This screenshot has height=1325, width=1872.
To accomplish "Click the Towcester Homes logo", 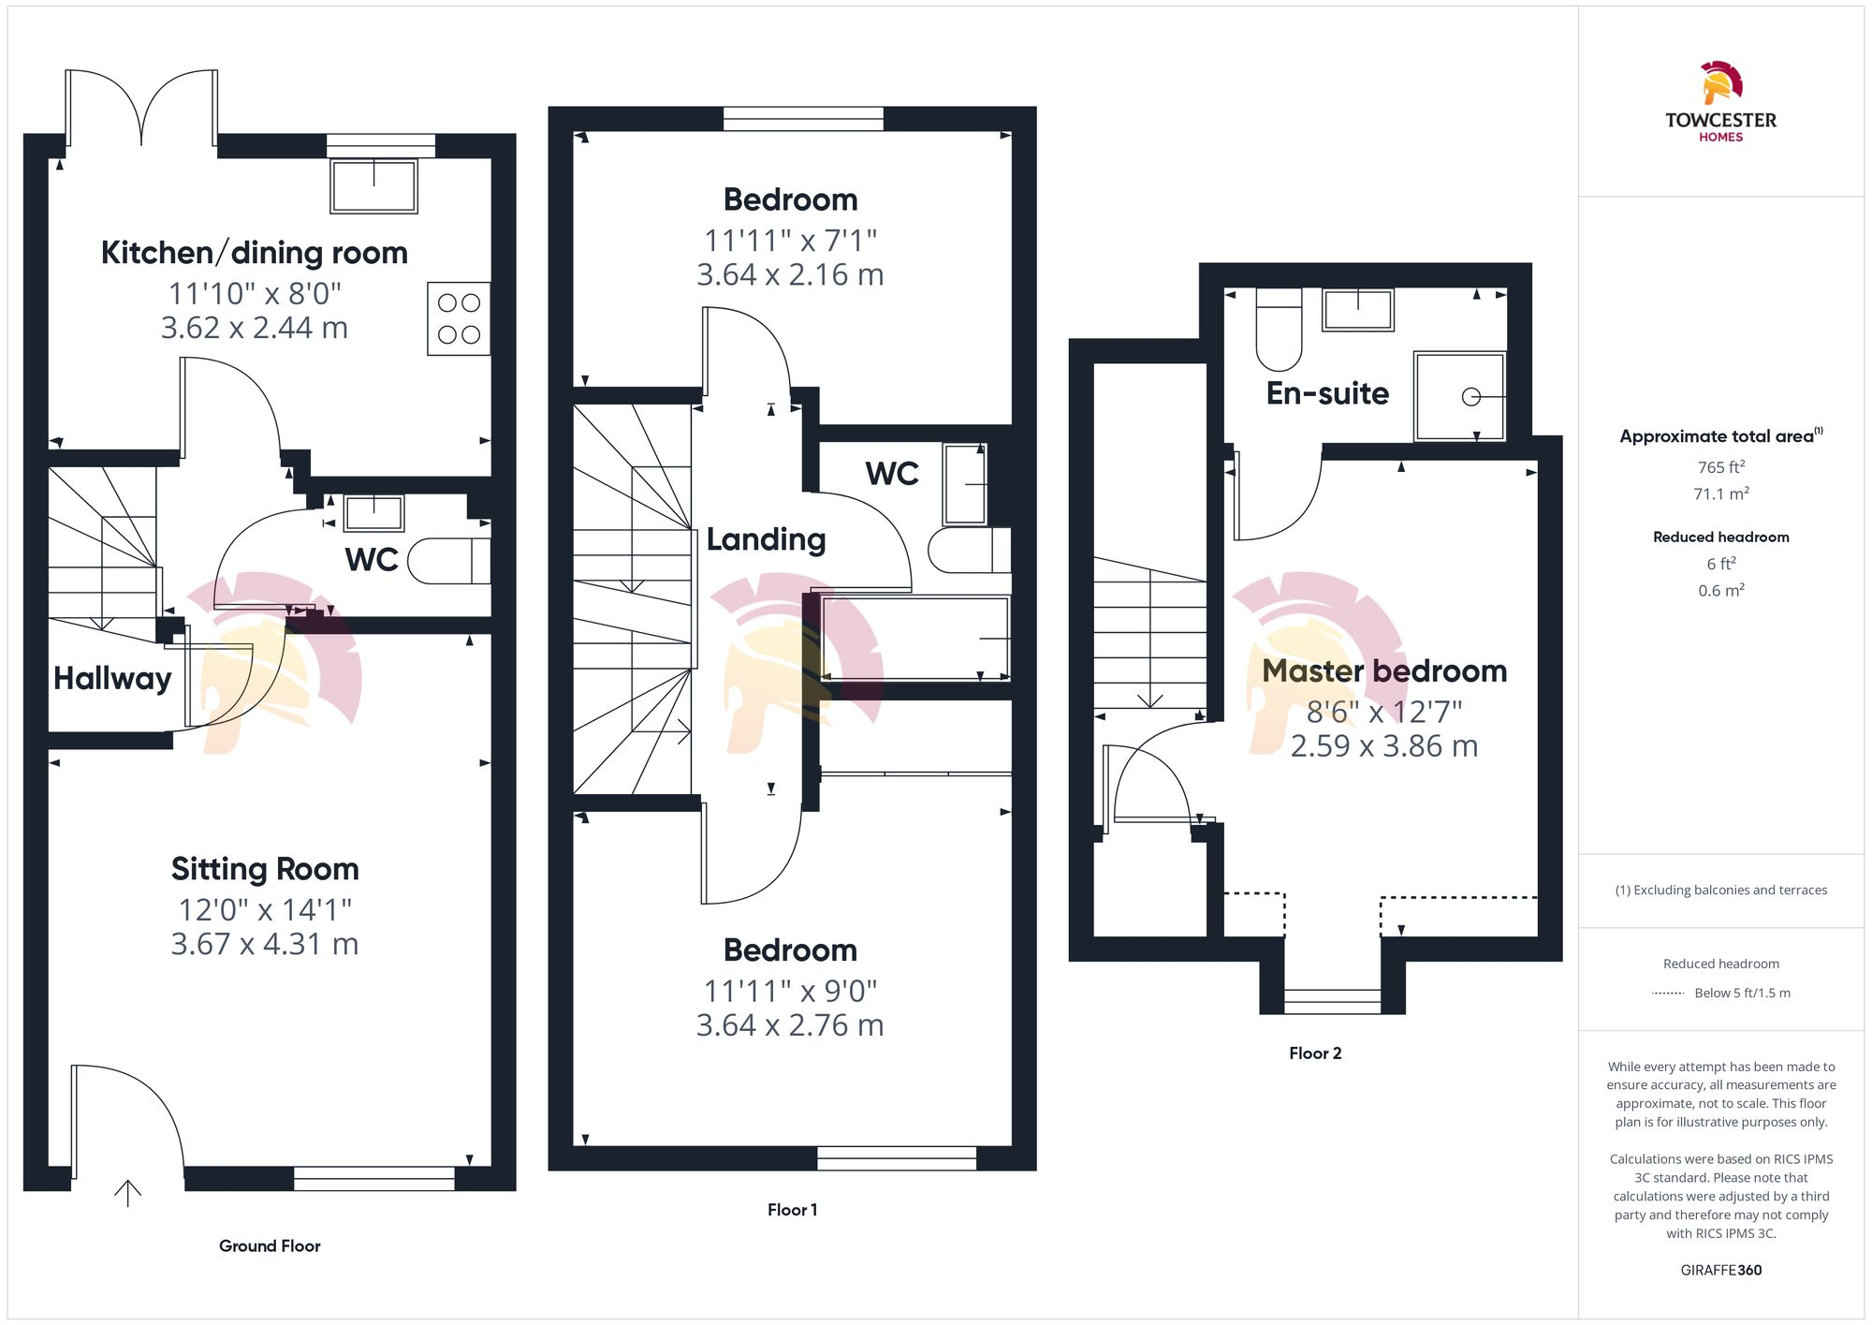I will tap(1720, 101).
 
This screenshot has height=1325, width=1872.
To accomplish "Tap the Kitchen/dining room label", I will tap(254, 253).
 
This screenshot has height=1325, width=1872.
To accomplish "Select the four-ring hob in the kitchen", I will tap(459, 318).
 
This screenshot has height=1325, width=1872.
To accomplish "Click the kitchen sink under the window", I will tap(374, 186).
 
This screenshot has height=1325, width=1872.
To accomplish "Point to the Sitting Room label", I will tap(265, 869).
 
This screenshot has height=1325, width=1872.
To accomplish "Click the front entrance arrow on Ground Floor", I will tap(127, 1192).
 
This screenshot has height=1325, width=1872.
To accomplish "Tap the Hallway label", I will tap(112, 678).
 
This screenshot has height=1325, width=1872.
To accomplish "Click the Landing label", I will tap(766, 539).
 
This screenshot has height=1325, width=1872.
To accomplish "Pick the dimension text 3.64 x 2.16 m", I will tap(790, 275).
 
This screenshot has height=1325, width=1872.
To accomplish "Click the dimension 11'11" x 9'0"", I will tap(790, 991).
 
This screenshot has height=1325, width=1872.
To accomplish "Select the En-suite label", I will tap(1327, 393).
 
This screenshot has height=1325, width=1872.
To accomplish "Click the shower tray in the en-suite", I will tap(1459, 396).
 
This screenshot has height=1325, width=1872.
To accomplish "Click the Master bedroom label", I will tap(1384, 671).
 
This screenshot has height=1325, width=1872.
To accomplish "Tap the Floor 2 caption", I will tap(1315, 1053).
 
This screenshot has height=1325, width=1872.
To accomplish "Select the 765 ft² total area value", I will tap(1720, 466).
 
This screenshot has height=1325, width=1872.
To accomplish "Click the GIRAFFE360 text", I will tap(1720, 1271).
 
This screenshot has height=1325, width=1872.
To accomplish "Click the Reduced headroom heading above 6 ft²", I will tap(1720, 537).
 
